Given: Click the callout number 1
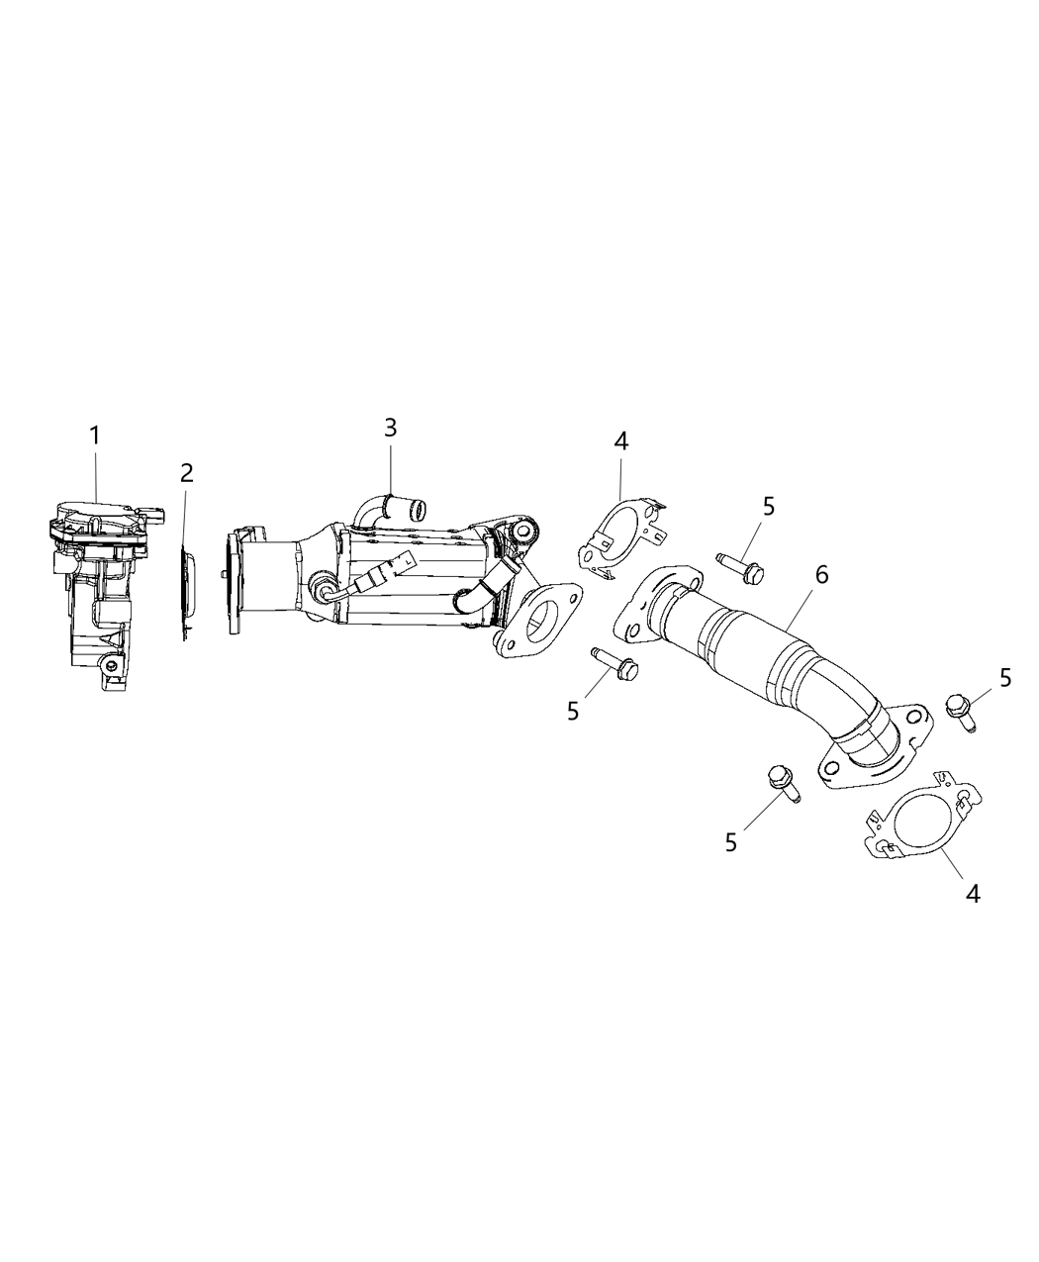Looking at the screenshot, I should coord(95,435).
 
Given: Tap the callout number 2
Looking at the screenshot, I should coord(186,473).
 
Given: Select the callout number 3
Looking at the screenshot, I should coord(391,428).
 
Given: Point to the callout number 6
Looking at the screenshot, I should coord(821,574).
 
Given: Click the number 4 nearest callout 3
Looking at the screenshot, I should coord(620,440).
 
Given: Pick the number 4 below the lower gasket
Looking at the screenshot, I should coord(973,893).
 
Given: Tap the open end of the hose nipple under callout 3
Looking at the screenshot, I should coord(418,512).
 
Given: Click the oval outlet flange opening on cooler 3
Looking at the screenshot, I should coord(542,620).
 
